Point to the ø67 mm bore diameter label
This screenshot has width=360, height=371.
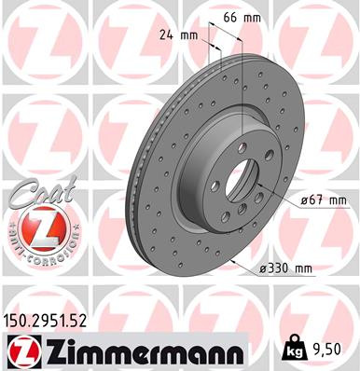coord(322,200)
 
